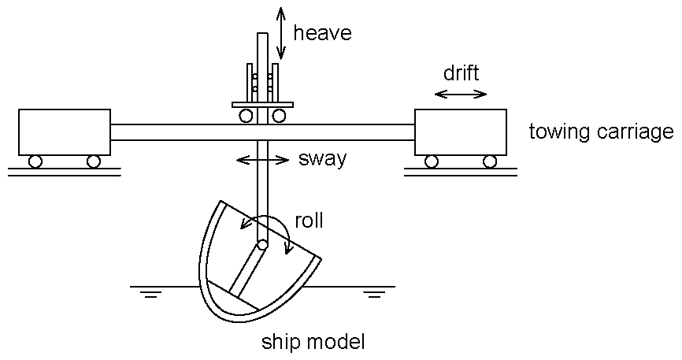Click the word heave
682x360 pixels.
click(322, 33)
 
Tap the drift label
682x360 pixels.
click(461, 73)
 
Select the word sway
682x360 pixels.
click(322, 159)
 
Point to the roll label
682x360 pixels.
click(309, 221)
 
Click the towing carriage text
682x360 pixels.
click(601, 131)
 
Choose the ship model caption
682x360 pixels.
click(313, 343)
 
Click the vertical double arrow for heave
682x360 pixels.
click(281, 32)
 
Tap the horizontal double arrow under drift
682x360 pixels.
click(461, 95)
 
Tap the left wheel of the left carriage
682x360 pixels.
click(35, 162)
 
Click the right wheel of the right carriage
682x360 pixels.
click(490, 162)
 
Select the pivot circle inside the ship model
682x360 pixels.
click(262, 245)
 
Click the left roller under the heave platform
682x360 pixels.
click(246, 116)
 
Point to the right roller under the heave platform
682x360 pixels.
click(279, 116)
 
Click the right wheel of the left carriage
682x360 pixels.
click(94, 162)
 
